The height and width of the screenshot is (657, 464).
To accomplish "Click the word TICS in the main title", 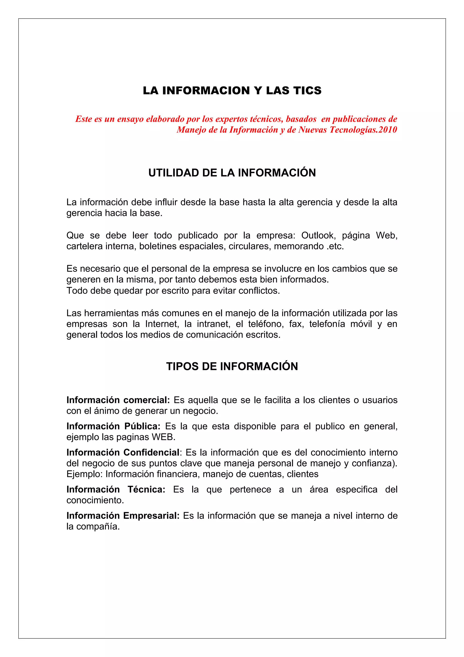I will [x=308, y=90].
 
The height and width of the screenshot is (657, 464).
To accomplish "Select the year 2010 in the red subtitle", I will [x=388, y=130].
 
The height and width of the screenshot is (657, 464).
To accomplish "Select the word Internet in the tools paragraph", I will [x=162, y=324].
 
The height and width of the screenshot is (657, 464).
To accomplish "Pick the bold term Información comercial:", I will [x=118, y=400].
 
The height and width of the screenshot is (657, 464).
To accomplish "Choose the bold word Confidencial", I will [x=151, y=453].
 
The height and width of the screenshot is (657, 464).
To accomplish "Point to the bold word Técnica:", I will [x=146, y=490].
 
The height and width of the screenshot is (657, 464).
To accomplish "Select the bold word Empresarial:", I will [x=151, y=516].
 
